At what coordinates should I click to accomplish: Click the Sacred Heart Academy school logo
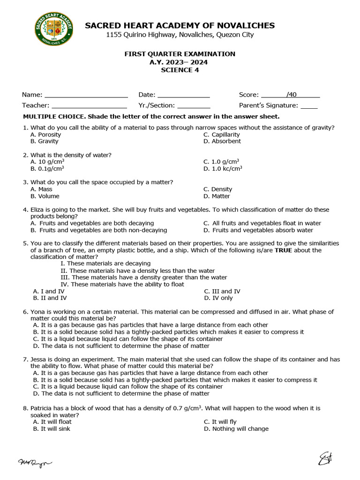coord(54,29)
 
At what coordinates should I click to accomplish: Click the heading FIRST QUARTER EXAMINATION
coord(180,54)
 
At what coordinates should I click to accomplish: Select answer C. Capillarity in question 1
coord(221,135)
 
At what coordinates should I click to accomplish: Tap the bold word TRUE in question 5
coord(284,250)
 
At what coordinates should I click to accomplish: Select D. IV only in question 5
coord(218,298)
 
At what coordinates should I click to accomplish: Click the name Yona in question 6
coord(38,312)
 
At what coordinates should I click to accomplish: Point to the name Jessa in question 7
coord(39,359)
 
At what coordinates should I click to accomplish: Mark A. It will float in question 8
coord(52,422)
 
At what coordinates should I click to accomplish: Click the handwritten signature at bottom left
coord(35,463)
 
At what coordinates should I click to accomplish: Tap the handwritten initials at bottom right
coord(325,459)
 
